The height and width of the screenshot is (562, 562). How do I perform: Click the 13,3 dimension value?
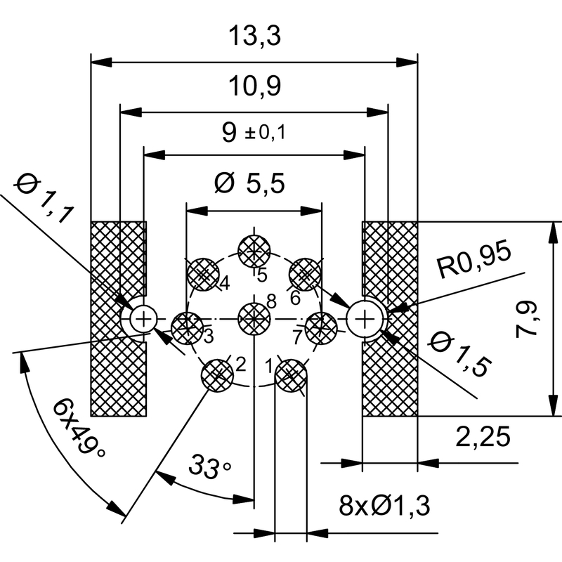tap(254, 36)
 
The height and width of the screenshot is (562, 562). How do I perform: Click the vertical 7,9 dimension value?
tap(529, 318)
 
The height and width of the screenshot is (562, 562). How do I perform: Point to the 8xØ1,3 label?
tap(384, 504)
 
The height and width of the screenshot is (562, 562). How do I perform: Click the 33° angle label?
tap(209, 467)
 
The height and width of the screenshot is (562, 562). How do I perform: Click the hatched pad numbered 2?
tap(218, 373)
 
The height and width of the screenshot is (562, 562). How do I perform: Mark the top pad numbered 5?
tap(254, 250)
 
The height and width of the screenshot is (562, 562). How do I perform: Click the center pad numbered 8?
tap(254, 320)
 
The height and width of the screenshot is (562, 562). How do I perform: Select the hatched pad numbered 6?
tap(306, 273)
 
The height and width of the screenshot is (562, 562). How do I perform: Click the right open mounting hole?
tap(365, 320)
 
